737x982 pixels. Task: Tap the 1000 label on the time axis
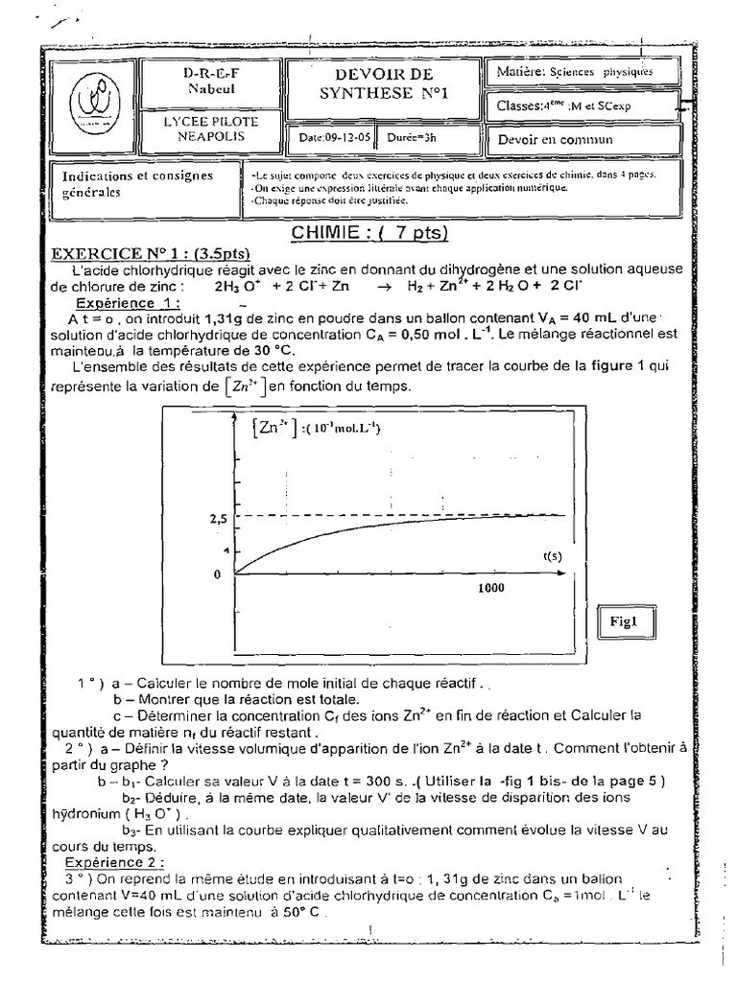click(491, 590)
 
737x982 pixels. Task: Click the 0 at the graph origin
click(218, 573)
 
